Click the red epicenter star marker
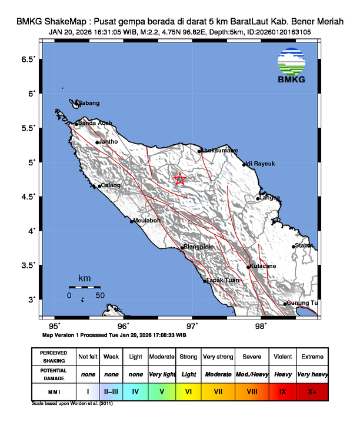point(180,180)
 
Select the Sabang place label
point(89,104)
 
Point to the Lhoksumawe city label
point(220,151)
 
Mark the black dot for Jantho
point(97,142)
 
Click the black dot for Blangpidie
point(181,248)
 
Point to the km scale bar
point(85,287)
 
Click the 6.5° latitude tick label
point(28,59)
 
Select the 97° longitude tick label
point(192,325)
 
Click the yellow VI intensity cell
point(189,390)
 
